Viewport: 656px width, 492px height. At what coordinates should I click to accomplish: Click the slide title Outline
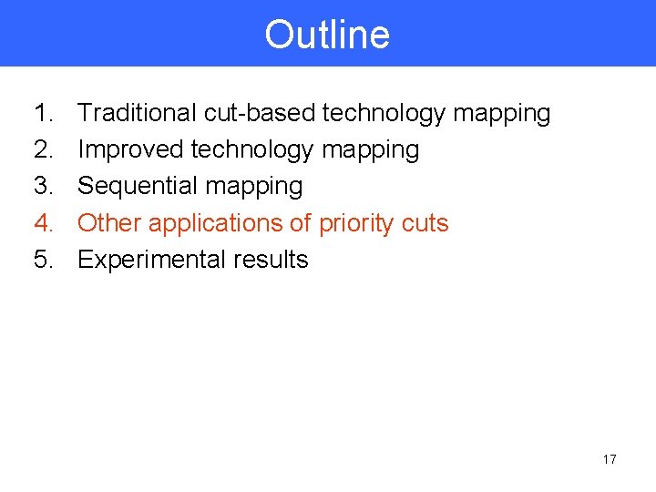327,35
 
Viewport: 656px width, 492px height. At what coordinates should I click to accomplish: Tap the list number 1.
44,113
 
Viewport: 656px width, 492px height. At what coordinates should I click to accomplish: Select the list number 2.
44,149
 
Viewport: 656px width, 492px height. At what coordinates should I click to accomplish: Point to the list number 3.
44,186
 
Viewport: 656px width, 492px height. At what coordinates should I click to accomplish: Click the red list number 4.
44,223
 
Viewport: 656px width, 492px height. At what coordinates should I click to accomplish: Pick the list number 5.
44,260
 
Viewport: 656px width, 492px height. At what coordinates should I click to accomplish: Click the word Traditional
137,113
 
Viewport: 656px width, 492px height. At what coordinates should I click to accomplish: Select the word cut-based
260,113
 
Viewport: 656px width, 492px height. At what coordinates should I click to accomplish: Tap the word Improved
131,149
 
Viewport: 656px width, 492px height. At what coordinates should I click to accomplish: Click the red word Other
109,223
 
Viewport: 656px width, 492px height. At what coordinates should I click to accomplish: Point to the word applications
215,223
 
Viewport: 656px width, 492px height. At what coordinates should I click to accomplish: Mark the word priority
355,223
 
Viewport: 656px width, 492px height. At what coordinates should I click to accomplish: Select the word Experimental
149,260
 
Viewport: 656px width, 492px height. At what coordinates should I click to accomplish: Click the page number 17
609,459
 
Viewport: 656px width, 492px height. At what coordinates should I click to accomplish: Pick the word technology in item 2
252,149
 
